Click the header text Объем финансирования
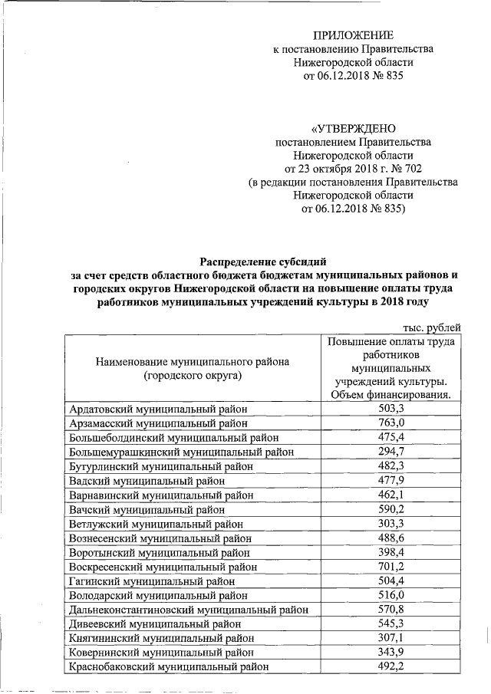(390, 395)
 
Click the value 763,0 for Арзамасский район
(390, 423)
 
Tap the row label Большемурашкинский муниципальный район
(178, 451)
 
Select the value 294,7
(390, 451)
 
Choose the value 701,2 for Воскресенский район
(390, 567)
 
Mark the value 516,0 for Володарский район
(390, 595)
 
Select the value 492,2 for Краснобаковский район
(390, 666)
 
